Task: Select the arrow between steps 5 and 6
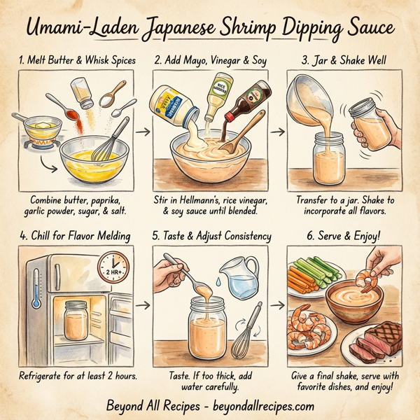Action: pyautogui.click(x=280, y=305)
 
